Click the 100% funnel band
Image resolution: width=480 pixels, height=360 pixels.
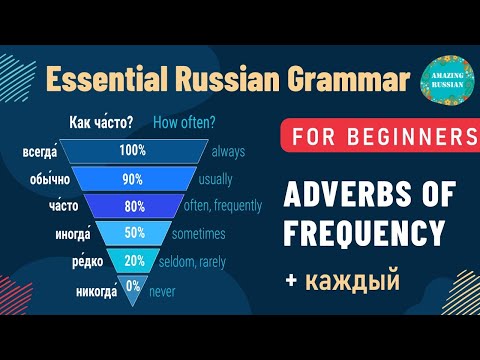(x=131, y=151)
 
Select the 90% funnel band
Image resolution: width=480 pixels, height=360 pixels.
(x=131, y=179)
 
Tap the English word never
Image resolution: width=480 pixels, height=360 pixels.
(x=161, y=292)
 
